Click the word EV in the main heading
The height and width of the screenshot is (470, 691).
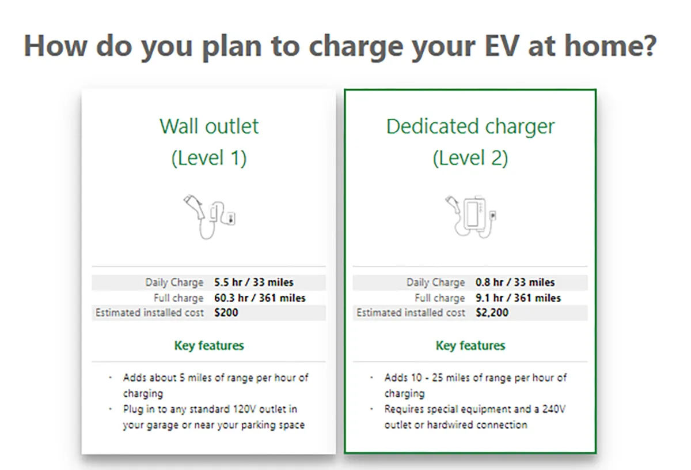[502, 46]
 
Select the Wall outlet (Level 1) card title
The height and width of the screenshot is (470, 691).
[209, 142]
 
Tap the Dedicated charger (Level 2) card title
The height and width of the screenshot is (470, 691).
[470, 142]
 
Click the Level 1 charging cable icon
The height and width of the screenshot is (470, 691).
[209, 217]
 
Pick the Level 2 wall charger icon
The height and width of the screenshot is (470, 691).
[470, 217]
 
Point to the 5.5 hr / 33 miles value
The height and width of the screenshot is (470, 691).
[253, 282]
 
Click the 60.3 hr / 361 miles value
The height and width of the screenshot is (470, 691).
[260, 298]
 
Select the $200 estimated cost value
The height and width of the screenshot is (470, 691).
[226, 313]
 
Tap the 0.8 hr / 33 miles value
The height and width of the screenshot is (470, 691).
[515, 282]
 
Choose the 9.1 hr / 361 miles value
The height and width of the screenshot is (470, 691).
[518, 298]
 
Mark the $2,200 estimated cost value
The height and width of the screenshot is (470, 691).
[492, 313]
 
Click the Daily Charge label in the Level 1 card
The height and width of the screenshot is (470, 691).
[174, 283]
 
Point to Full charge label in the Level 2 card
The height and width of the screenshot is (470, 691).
[439, 298]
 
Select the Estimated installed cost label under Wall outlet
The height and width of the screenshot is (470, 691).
[150, 313]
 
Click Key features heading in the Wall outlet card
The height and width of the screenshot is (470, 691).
[209, 346]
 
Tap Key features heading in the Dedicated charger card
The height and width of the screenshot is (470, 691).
[470, 346]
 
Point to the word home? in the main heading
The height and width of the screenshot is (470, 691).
[610, 46]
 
